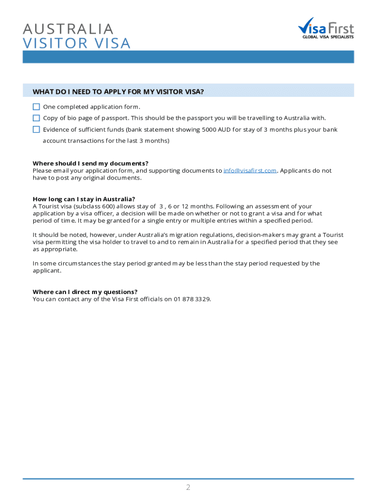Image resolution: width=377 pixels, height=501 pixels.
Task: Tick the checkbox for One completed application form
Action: (36, 107)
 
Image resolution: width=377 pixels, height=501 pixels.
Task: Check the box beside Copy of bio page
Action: (36, 118)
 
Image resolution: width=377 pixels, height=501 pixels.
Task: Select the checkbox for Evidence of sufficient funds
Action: (36, 130)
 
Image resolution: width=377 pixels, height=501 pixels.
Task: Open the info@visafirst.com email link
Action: (250, 171)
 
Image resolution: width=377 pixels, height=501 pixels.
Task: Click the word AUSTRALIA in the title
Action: (68, 29)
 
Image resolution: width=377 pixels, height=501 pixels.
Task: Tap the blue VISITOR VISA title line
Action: (77, 44)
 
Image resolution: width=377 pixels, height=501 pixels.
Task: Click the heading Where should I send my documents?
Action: (91, 163)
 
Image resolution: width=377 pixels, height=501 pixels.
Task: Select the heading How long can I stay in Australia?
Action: (84, 199)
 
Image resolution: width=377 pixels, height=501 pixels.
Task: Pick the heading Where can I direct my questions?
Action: (85, 292)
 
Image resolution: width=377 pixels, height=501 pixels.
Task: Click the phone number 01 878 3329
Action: (191, 299)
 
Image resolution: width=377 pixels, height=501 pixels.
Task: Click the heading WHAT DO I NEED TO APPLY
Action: (118, 91)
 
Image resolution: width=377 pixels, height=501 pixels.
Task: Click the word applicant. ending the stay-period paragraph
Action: (47, 271)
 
